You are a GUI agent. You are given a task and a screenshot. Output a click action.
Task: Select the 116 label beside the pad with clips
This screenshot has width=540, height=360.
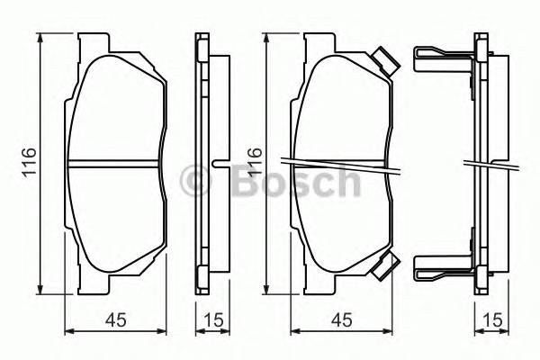(255, 163)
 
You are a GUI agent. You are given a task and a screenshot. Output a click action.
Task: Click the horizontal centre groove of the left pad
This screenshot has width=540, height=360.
(117, 164)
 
